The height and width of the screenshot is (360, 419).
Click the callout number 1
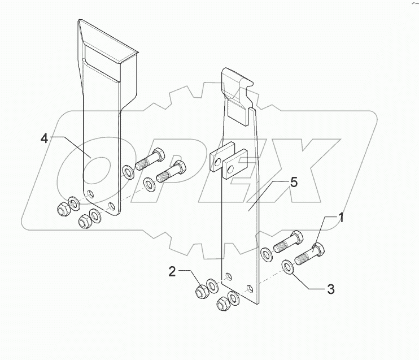point(341,218)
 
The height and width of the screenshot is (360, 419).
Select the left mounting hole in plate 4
point(90,194)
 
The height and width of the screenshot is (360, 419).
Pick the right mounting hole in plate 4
point(111,205)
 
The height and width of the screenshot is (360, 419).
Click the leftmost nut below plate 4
point(62,209)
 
